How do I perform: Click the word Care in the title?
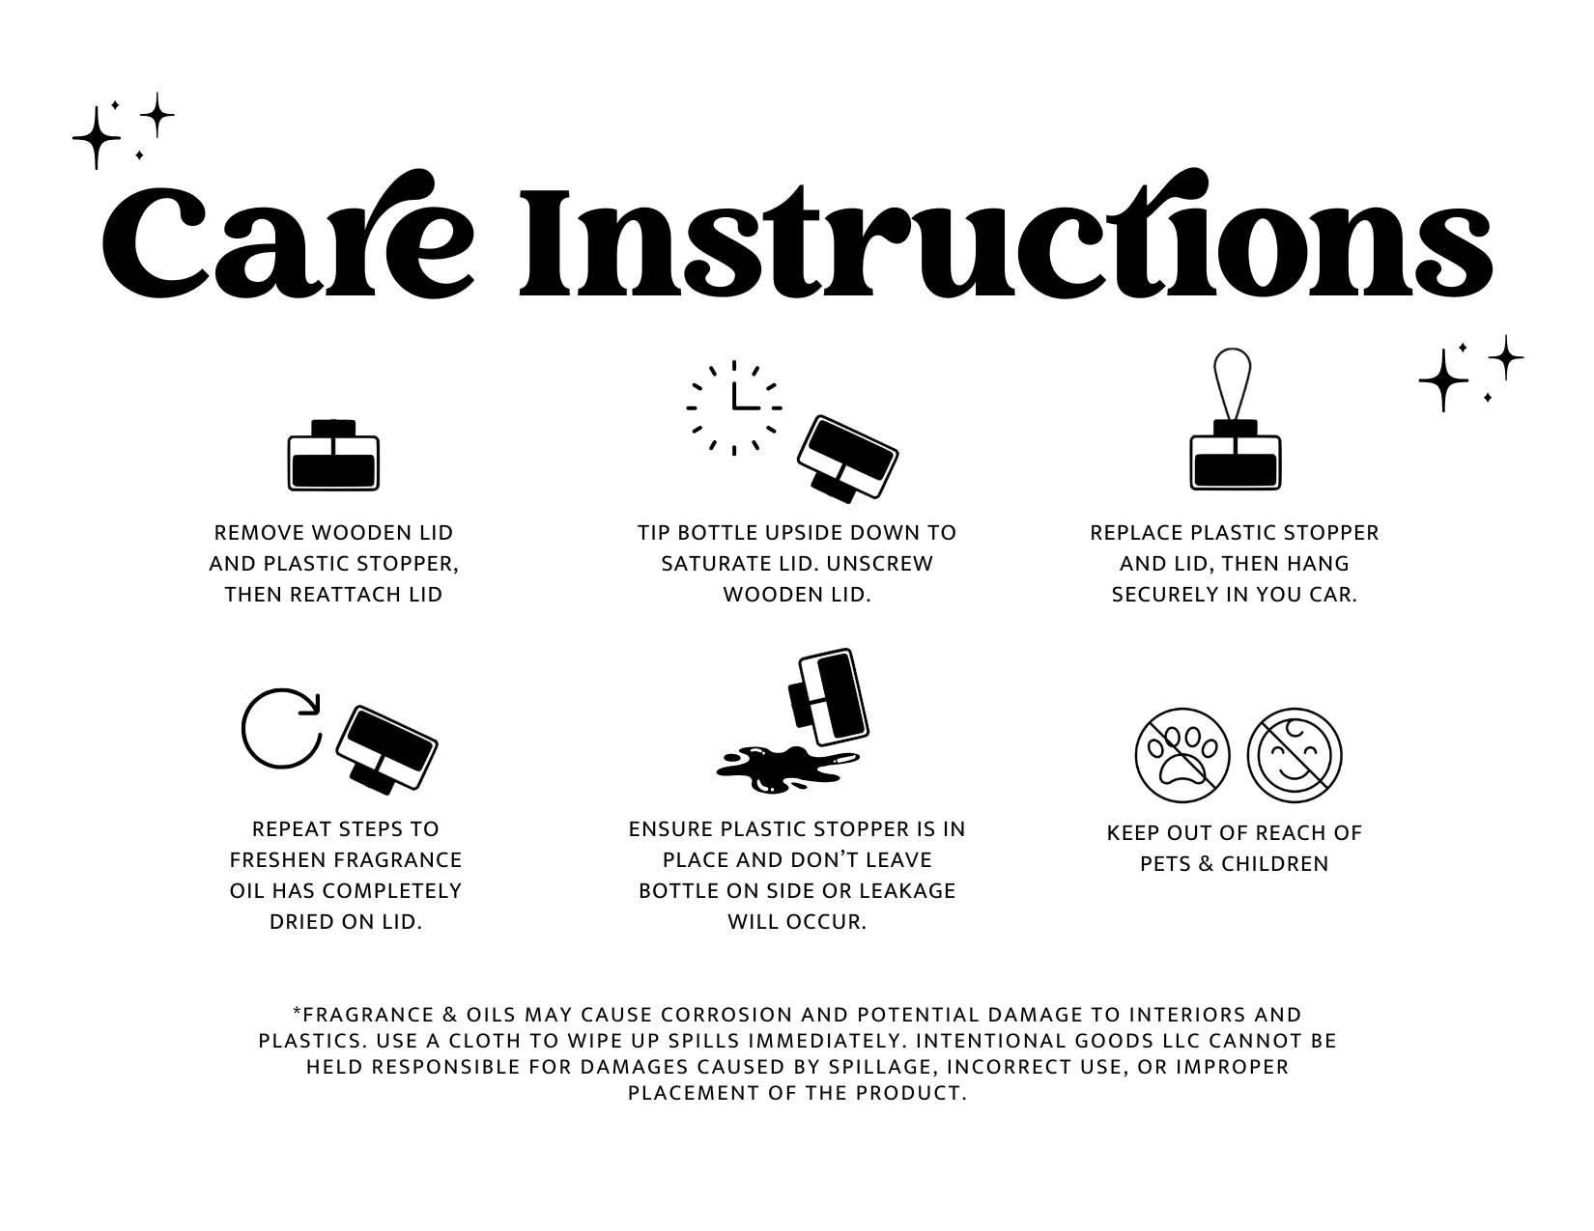(x=288, y=235)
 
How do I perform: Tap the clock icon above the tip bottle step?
(x=733, y=407)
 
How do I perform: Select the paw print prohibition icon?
(x=1181, y=755)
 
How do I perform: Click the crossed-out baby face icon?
(x=1295, y=755)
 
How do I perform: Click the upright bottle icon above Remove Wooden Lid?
(x=333, y=455)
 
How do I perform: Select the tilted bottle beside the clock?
(x=848, y=459)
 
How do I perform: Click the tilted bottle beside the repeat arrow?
(x=386, y=749)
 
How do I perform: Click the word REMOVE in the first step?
(x=259, y=532)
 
